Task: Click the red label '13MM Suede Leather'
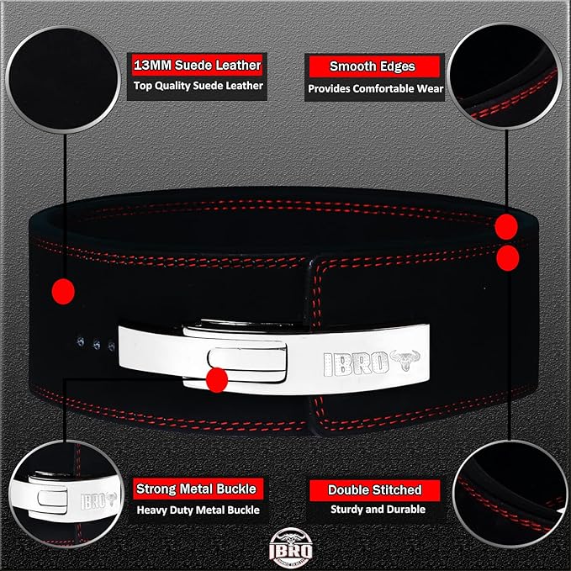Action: (196, 65)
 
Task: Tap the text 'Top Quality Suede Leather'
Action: (196, 86)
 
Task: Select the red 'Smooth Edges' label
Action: (373, 66)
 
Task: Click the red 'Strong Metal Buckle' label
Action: (197, 489)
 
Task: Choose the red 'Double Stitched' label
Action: (374, 489)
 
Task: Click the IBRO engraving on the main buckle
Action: (357, 362)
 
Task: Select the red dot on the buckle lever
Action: (217, 380)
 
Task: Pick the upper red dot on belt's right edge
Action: (506, 225)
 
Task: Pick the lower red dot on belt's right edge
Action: (508, 257)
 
